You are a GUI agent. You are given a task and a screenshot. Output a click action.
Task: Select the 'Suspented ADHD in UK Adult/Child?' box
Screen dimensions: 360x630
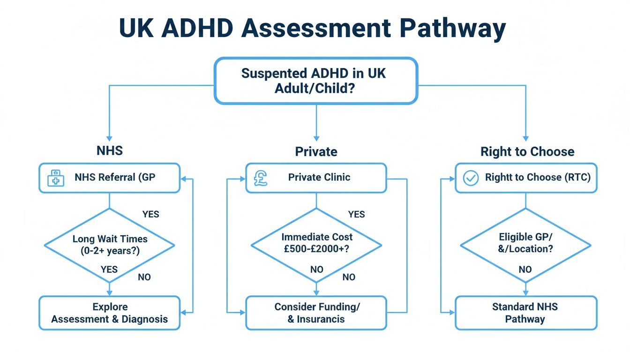[x=315, y=81]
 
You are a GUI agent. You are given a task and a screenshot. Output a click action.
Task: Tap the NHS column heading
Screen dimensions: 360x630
[x=109, y=151]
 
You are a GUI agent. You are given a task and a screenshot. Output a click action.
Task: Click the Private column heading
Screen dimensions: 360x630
[x=316, y=151]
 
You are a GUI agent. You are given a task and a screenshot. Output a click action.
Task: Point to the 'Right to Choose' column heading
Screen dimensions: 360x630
[x=527, y=151]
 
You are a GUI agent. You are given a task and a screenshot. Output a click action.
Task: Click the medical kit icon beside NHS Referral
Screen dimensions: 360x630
[x=56, y=178]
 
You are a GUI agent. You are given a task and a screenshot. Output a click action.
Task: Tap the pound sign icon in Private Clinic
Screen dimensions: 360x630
[x=261, y=178]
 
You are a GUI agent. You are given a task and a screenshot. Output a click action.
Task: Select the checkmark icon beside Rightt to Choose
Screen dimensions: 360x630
[x=471, y=178]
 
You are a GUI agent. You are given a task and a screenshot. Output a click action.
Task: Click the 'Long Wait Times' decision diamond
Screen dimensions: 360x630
[x=109, y=245]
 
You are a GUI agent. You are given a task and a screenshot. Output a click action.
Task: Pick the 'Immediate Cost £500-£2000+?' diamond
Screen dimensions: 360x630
[x=316, y=243]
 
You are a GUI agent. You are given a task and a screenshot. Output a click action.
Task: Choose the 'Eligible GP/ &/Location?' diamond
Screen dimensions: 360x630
[x=525, y=243]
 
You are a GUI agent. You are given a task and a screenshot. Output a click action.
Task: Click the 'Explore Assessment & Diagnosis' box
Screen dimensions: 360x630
[x=109, y=313]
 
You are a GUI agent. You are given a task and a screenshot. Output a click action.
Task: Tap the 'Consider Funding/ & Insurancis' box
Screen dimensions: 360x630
[x=316, y=313]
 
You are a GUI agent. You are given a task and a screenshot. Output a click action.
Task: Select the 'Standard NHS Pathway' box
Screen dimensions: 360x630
[x=525, y=313]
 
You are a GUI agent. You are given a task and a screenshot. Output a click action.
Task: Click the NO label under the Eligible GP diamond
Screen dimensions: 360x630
[x=525, y=270]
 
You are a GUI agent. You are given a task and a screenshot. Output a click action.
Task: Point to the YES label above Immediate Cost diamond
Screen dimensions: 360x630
[x=356, y=214]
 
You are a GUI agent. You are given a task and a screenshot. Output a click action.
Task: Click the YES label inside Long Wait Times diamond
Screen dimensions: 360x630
[x=109, y=269]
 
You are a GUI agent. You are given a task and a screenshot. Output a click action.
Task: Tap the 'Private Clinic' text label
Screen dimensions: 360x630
[x=319, y=177]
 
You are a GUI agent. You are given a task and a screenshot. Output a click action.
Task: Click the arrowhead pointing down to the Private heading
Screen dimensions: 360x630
[x=316, y=138]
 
